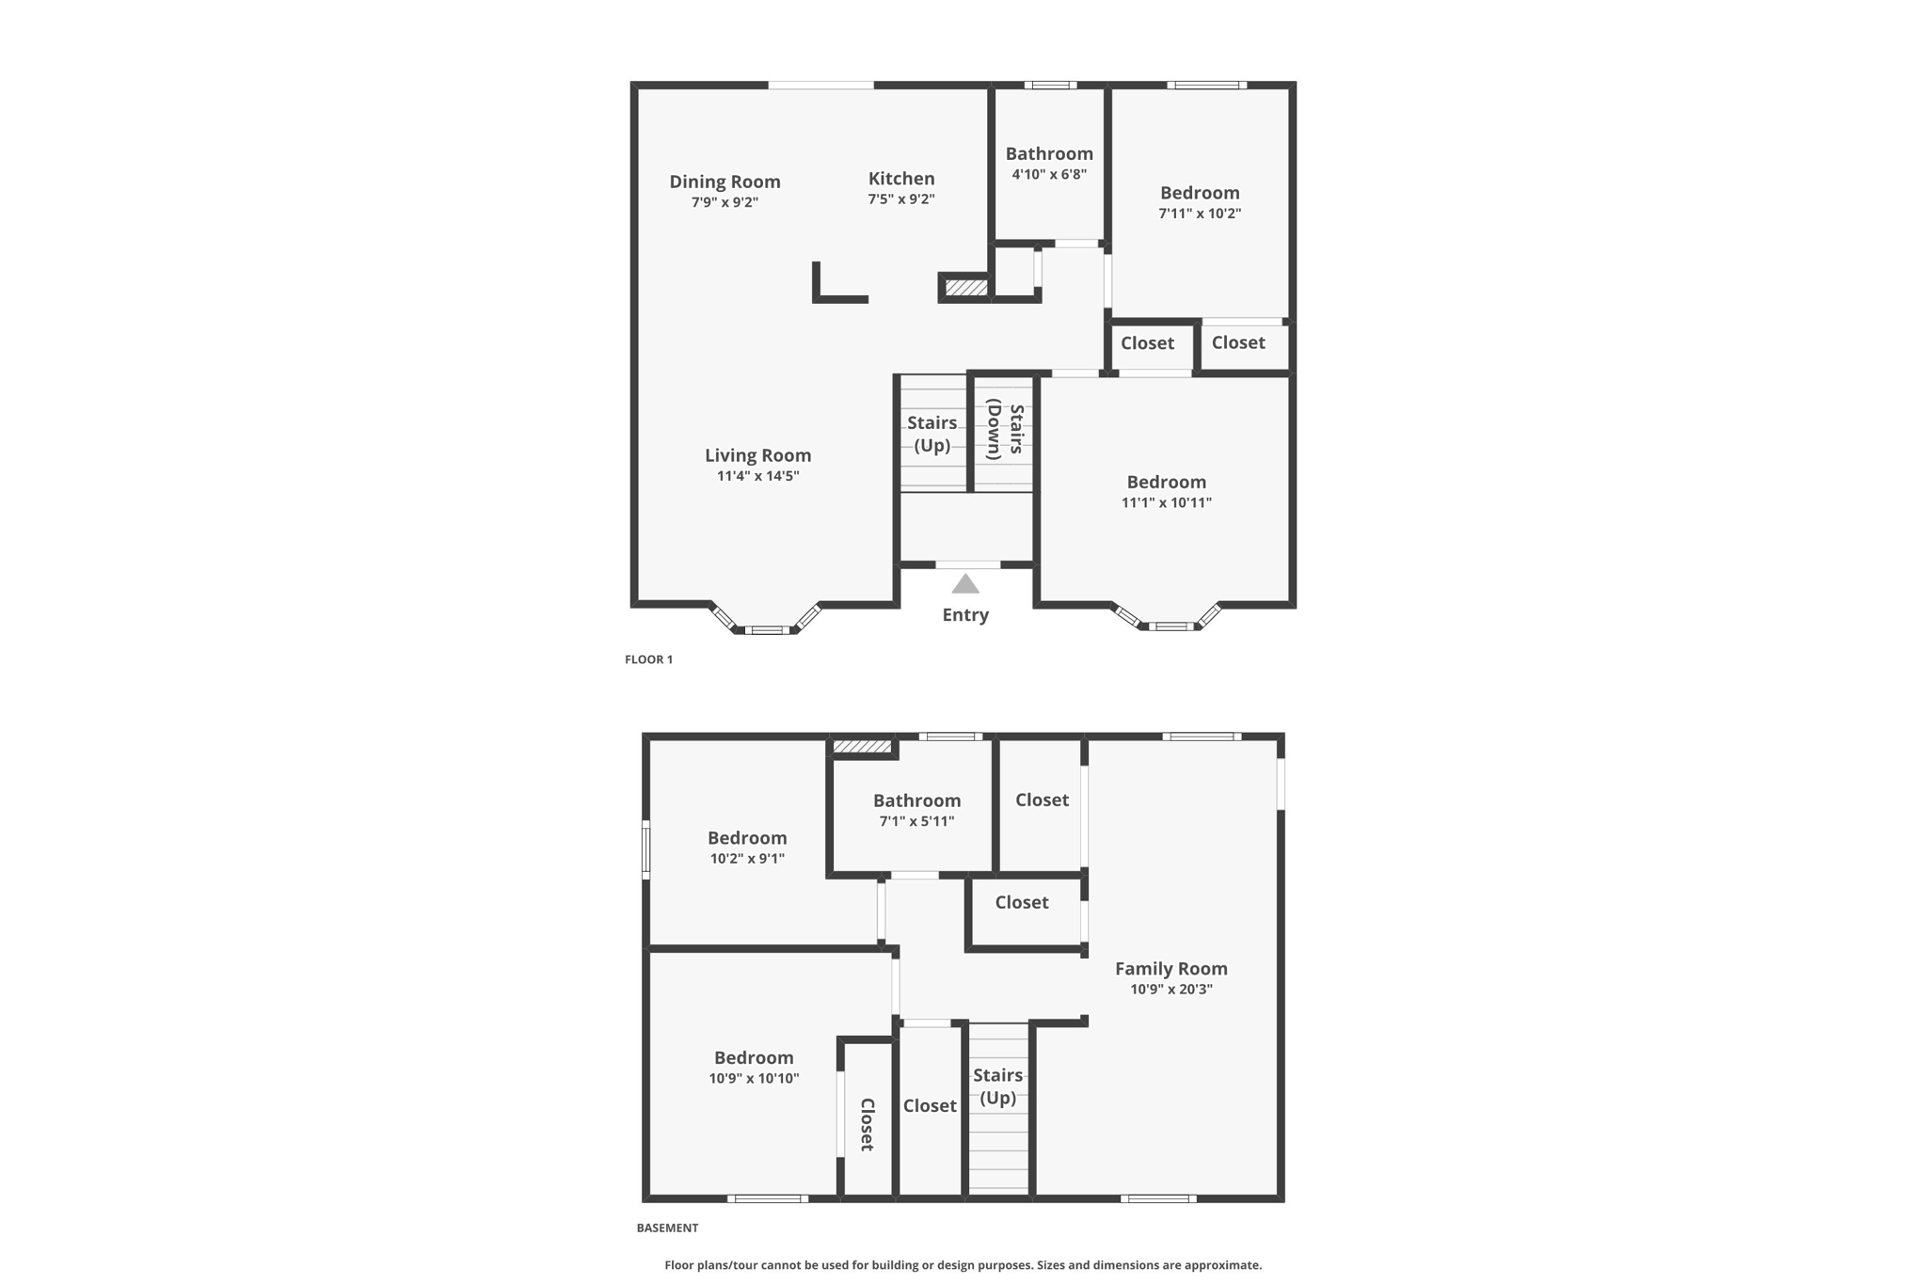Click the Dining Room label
pos(725,182)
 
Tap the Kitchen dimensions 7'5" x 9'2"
pos(900,199)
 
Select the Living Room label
pos(757,455)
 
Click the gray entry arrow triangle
pos(965,585)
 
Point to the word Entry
pos(965,615)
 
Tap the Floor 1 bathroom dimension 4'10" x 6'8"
pos(1049,174)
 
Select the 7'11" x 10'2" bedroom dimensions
pos(1200,214)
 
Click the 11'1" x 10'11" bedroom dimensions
pos(1166,502)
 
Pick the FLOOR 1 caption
pos(648,659)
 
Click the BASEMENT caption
pos(667,1228)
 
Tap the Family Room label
pos(1171,968)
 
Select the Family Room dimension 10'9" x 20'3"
pos(1171,990)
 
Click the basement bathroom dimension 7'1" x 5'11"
pos(916,821)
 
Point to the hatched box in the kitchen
pos(965,287)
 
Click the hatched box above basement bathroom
pos(862,747)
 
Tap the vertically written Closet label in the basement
pos(867,1124)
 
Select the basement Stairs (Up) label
pos(997,1086)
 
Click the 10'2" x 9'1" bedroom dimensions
pos(747,859)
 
